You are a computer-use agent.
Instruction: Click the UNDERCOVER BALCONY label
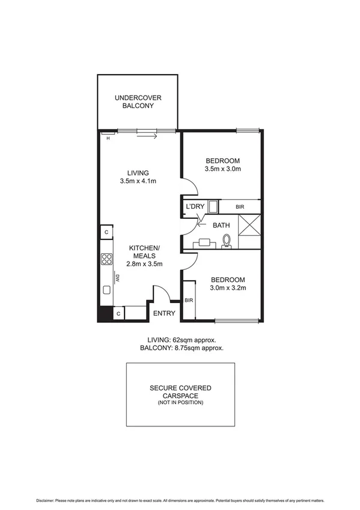(x=138, y=101)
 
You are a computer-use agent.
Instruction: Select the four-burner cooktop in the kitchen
(x=106, y=260)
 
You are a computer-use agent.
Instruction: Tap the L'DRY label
(x=195, y=207)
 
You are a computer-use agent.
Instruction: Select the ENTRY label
(x=164, y=313)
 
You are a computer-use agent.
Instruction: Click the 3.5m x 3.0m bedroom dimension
(x=222, y=169)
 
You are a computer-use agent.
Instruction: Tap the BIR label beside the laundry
(x=240, y=207)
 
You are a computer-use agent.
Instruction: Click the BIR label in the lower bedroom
(x=189, y=300)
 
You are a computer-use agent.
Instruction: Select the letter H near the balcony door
(x=108, y=138)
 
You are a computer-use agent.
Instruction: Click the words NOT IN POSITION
(x=180, y=402)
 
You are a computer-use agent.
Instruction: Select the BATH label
(x=221, y=225)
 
